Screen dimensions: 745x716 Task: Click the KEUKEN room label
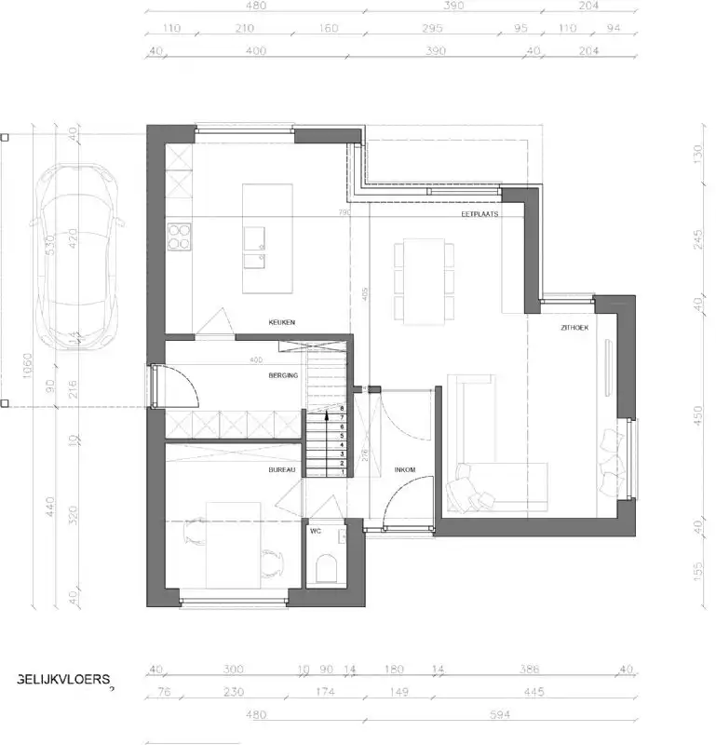pos(282,322)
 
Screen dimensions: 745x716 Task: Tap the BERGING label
pos(284,375)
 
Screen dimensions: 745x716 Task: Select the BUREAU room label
pos(282,470)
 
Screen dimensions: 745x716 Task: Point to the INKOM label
pos(405,469)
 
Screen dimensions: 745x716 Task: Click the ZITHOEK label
pos(575,329)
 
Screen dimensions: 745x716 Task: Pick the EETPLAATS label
pos(480,214)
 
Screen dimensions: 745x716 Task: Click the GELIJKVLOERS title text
pos(64,679)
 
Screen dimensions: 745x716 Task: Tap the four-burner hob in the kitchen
pos(179,237)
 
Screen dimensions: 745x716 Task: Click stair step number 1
pos(343,472)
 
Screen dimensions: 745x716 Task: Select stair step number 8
pos(343,409)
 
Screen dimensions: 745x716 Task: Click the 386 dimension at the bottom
pos(529,669)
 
